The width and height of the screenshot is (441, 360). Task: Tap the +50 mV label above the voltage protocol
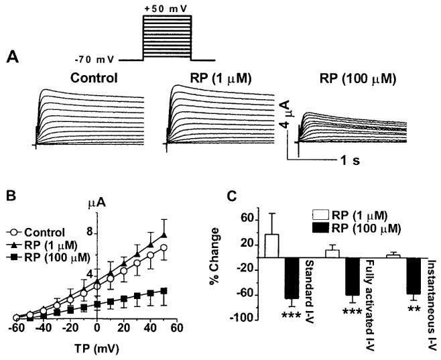(x=166, y=7)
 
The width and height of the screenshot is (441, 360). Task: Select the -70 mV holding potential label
(x=98, y=60)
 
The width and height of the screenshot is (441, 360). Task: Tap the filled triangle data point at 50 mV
(x=164, y=235)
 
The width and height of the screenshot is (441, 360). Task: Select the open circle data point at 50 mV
(x=164, y=247)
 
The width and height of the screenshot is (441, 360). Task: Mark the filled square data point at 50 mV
(x=164, y=291)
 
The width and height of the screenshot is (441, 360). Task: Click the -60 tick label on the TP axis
(x=15, y=328)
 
